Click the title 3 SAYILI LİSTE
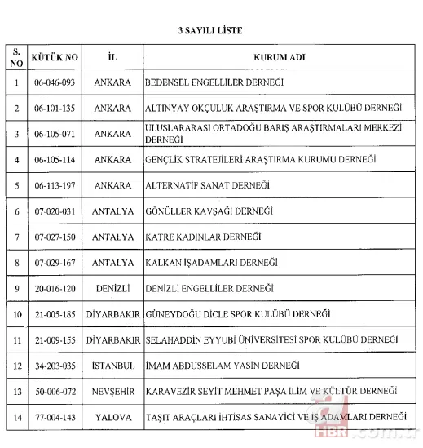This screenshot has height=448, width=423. click(x=211, y=29)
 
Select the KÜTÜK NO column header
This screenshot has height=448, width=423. click(x=55, y=59)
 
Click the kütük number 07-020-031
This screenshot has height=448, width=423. click(x=55, y=211)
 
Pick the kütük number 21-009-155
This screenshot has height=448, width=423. click(x=55, y=339)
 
